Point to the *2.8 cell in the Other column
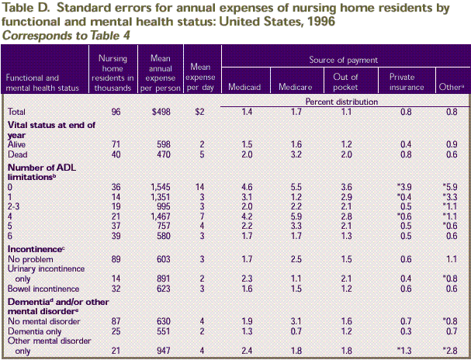(450, 350)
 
